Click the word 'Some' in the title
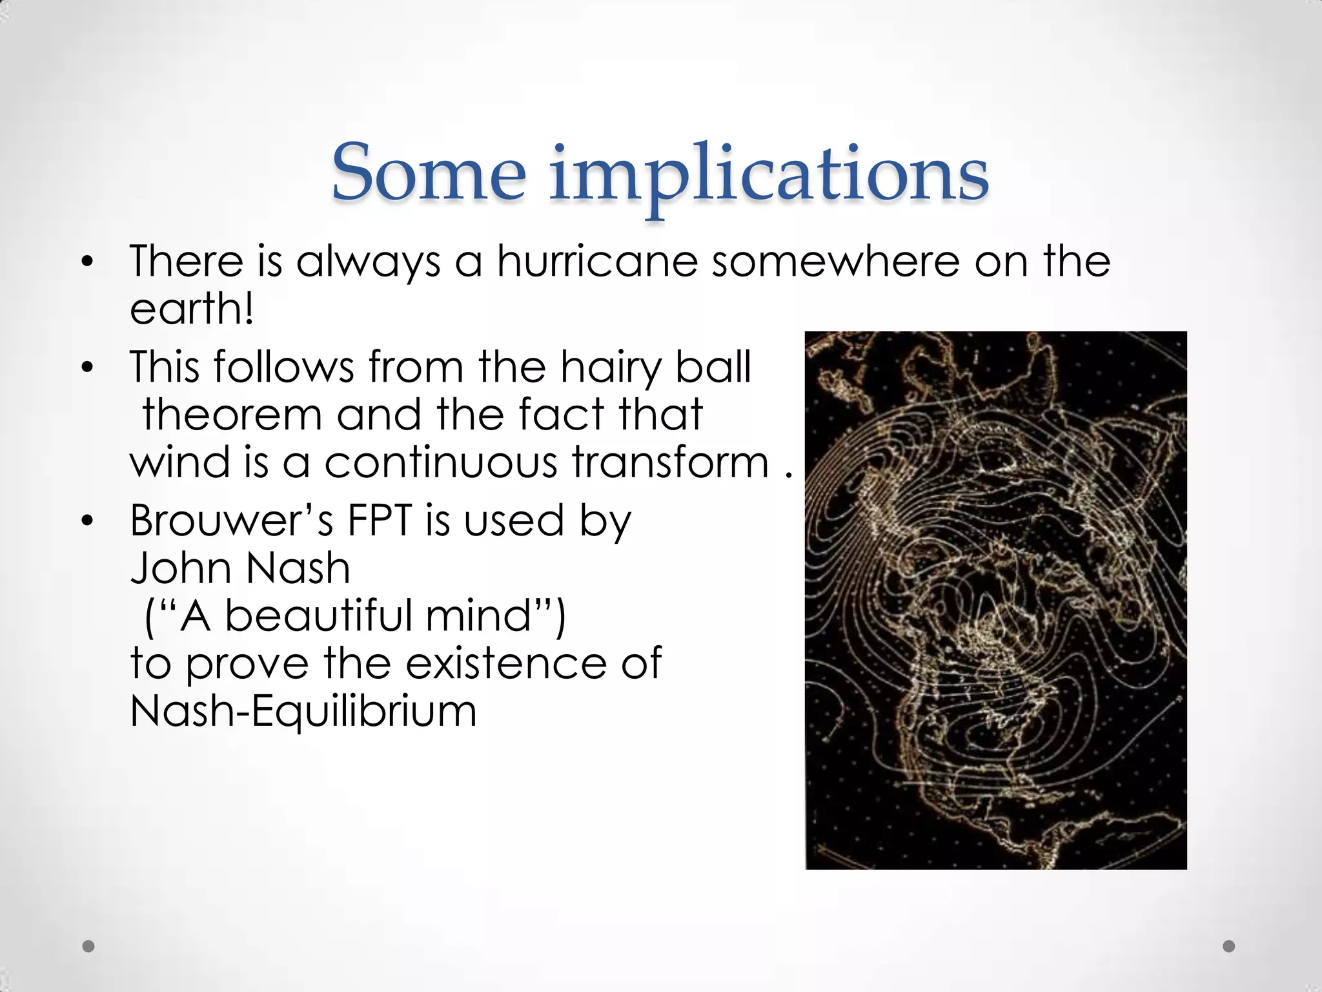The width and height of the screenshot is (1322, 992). click(429, 173)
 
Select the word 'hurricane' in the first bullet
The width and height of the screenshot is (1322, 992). click(597, 262)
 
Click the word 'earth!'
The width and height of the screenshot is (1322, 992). click(192, 309)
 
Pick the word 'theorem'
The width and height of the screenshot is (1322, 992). click(232, 415)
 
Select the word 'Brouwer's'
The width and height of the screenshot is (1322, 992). click(232, 521)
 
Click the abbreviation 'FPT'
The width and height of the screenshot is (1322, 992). click(379, 521)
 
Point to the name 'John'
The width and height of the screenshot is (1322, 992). click(181, 568)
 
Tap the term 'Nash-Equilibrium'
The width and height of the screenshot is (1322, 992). click(303, 711)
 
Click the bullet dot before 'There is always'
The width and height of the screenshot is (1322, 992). click(88, 262)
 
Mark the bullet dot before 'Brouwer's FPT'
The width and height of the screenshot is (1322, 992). click(88, 521)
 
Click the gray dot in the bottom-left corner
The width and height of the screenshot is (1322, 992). click(89, 946)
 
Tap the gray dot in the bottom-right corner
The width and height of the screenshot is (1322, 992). click(1229, 946)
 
